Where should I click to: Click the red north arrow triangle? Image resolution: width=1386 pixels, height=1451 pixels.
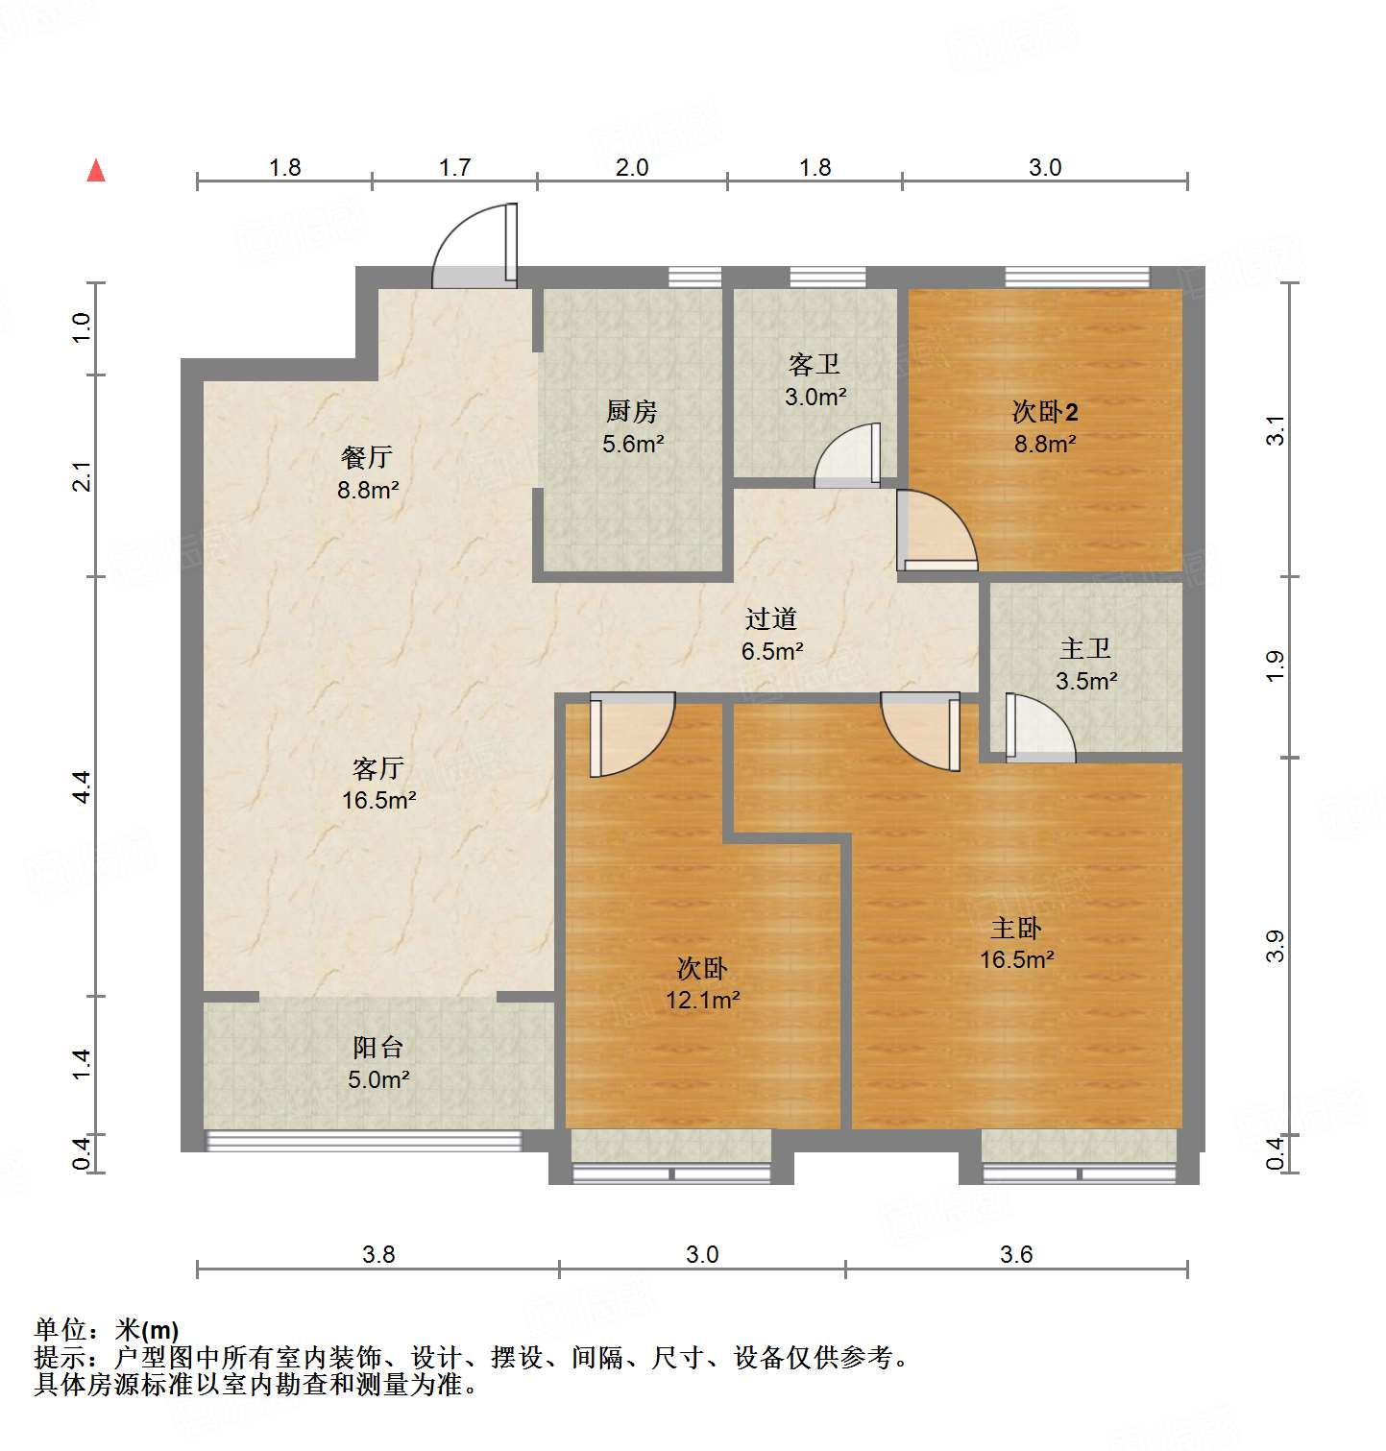coord(96,171)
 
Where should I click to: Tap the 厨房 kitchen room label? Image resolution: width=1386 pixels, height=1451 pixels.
coord(632,412)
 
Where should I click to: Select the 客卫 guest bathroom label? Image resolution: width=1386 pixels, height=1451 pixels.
coord(814,365)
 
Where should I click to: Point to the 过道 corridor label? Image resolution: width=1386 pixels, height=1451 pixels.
coord(770,619)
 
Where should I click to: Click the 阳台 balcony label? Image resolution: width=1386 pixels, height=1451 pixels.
coord(377,1048)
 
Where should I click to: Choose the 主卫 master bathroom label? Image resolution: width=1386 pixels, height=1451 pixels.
coord(1085,649)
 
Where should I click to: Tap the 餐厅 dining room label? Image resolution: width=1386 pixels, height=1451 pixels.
coord(367,458)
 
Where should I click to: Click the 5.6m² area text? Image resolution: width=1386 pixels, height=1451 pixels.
coord(633,444)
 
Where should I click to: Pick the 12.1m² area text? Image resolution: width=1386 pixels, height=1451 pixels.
coord(702,1001)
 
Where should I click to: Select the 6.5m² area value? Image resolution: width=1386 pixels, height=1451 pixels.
coord(771,651)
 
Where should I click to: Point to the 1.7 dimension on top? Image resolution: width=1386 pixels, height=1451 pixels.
coord(454,168)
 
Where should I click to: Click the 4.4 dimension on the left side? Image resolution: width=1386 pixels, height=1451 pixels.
coord(83,786)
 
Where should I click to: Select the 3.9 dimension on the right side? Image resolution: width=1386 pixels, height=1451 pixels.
coord(1275,946)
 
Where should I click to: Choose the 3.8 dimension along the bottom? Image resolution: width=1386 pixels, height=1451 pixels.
coord(378,1254)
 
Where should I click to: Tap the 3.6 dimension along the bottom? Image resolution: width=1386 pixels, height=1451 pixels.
coord(1016,1254)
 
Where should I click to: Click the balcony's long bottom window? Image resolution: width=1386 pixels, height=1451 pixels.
coord(364,1141)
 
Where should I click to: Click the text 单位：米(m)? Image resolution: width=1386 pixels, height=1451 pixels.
coord(107,1330)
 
